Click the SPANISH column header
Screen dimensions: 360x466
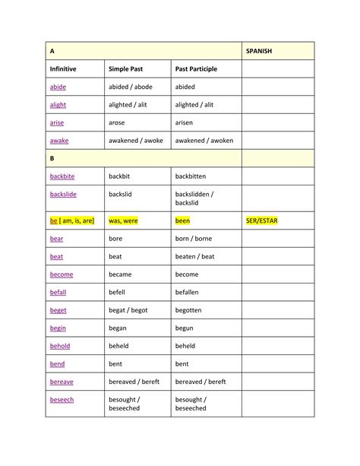[x=259, y=51]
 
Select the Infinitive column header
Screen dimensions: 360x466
[x=63, y=69]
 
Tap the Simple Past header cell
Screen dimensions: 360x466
[x=125, y=69]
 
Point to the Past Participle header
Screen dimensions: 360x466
[x=196, y=69]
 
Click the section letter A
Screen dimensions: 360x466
[x=52, y=51]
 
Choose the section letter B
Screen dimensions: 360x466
[x=52, y=158]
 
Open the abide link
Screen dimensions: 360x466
[x=58, y=87]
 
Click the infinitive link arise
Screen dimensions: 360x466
[x=57, y=122]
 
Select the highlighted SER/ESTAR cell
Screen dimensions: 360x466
[x=262, y=220]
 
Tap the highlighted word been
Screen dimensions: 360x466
[x=182, y=220]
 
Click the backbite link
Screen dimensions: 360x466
[x=62, y=176]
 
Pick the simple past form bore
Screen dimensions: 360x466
[x=115, y=239]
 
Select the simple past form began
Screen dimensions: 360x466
[x=118, y=328]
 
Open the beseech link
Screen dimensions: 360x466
[x=62, y=399]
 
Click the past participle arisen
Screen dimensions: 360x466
[x=185, y=122]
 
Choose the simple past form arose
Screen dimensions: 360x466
[x=118, y=122]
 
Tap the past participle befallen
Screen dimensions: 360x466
[x=187, y=292]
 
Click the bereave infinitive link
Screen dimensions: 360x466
[x=62, y=382]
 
